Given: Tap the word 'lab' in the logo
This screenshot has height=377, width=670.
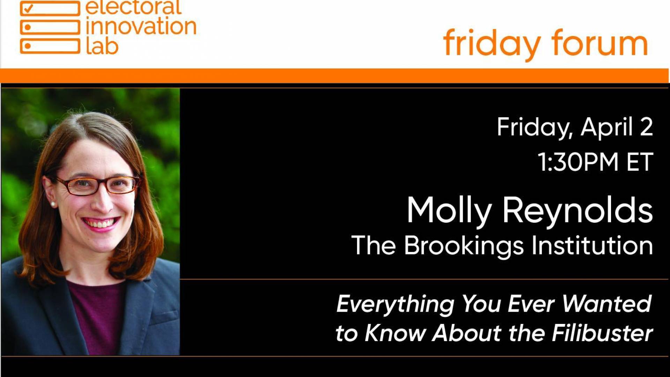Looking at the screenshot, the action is pos(102,46).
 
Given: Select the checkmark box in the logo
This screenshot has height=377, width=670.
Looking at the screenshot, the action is pos(50,8).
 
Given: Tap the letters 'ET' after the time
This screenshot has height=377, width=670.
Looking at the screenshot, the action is pos(639,162).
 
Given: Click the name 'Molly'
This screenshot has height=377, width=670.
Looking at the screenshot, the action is pos(449,211).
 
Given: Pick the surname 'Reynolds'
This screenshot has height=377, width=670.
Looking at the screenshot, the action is pos(578,211).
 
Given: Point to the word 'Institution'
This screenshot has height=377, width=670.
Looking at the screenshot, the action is pos(592,245).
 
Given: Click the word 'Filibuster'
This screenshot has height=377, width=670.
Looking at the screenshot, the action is pos(603,333).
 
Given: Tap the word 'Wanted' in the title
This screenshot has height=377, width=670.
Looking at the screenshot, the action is pos(607,303).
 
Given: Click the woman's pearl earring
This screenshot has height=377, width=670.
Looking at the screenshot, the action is pos(53,204).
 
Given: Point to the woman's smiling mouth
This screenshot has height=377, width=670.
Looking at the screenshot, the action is pos(100,224).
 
